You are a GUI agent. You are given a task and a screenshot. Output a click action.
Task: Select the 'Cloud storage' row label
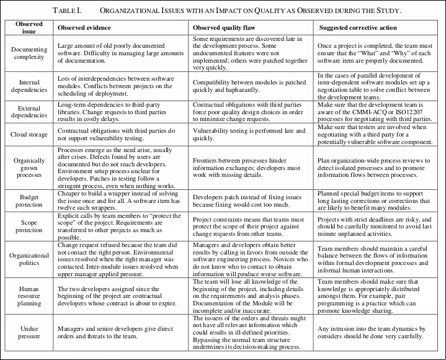pos(29,134)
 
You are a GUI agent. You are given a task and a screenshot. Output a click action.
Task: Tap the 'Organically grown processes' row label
pos(29,168)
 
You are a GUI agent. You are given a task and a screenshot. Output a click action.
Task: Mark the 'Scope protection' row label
pos(29,226)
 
